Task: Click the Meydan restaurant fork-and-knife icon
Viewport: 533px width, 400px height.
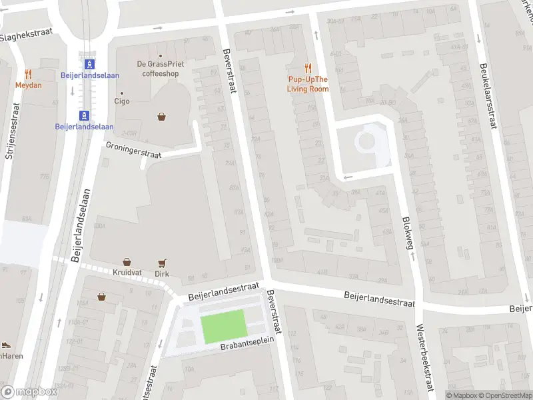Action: click(x=28, y=74)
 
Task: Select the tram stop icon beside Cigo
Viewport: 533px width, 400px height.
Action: click(x=84, y=114)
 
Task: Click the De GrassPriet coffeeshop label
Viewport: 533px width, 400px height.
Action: click(x=161, y=69)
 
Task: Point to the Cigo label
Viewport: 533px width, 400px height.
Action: click(x=122, y=102)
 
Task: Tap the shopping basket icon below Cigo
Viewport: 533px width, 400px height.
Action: click(x=161, y=117)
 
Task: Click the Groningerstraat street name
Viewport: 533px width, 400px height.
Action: click(x=133, y=149)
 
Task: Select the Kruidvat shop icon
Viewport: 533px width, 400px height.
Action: click(x=126, y=263)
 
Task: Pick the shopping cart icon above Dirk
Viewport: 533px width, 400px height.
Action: click(x=161, y=263)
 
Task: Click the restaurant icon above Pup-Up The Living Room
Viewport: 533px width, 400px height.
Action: click(x=308, y=67)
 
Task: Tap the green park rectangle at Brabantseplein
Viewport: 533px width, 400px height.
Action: click(x=225, y=327)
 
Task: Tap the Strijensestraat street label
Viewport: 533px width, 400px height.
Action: click(x=10, y=132)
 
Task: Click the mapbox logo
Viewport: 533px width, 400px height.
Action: click(x=29, y=392)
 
